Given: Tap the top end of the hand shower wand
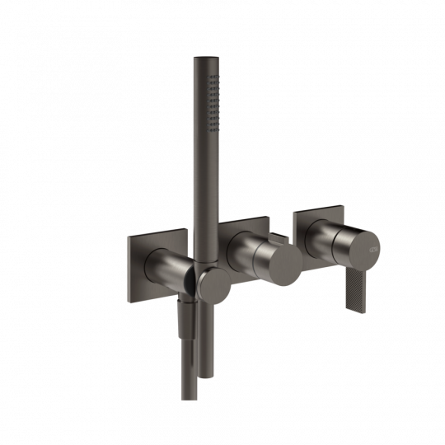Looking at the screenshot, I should [204, 59].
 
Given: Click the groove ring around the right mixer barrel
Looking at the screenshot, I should [340, 243].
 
